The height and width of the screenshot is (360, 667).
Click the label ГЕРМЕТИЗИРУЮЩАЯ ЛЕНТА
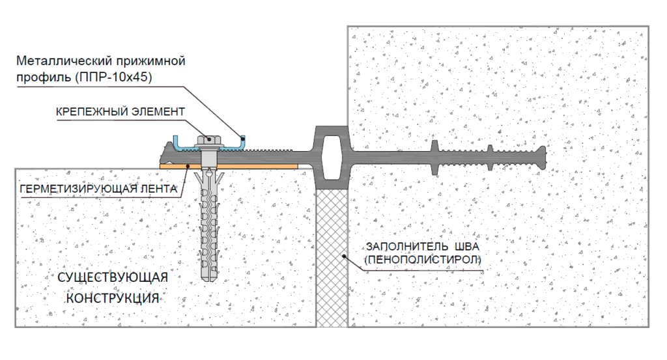tap(97, 189)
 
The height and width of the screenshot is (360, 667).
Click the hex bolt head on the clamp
tap(210, 139)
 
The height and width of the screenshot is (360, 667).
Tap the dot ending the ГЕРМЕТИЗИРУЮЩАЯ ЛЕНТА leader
tap(188, 167)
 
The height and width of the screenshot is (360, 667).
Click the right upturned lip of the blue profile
tap(243, 138)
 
